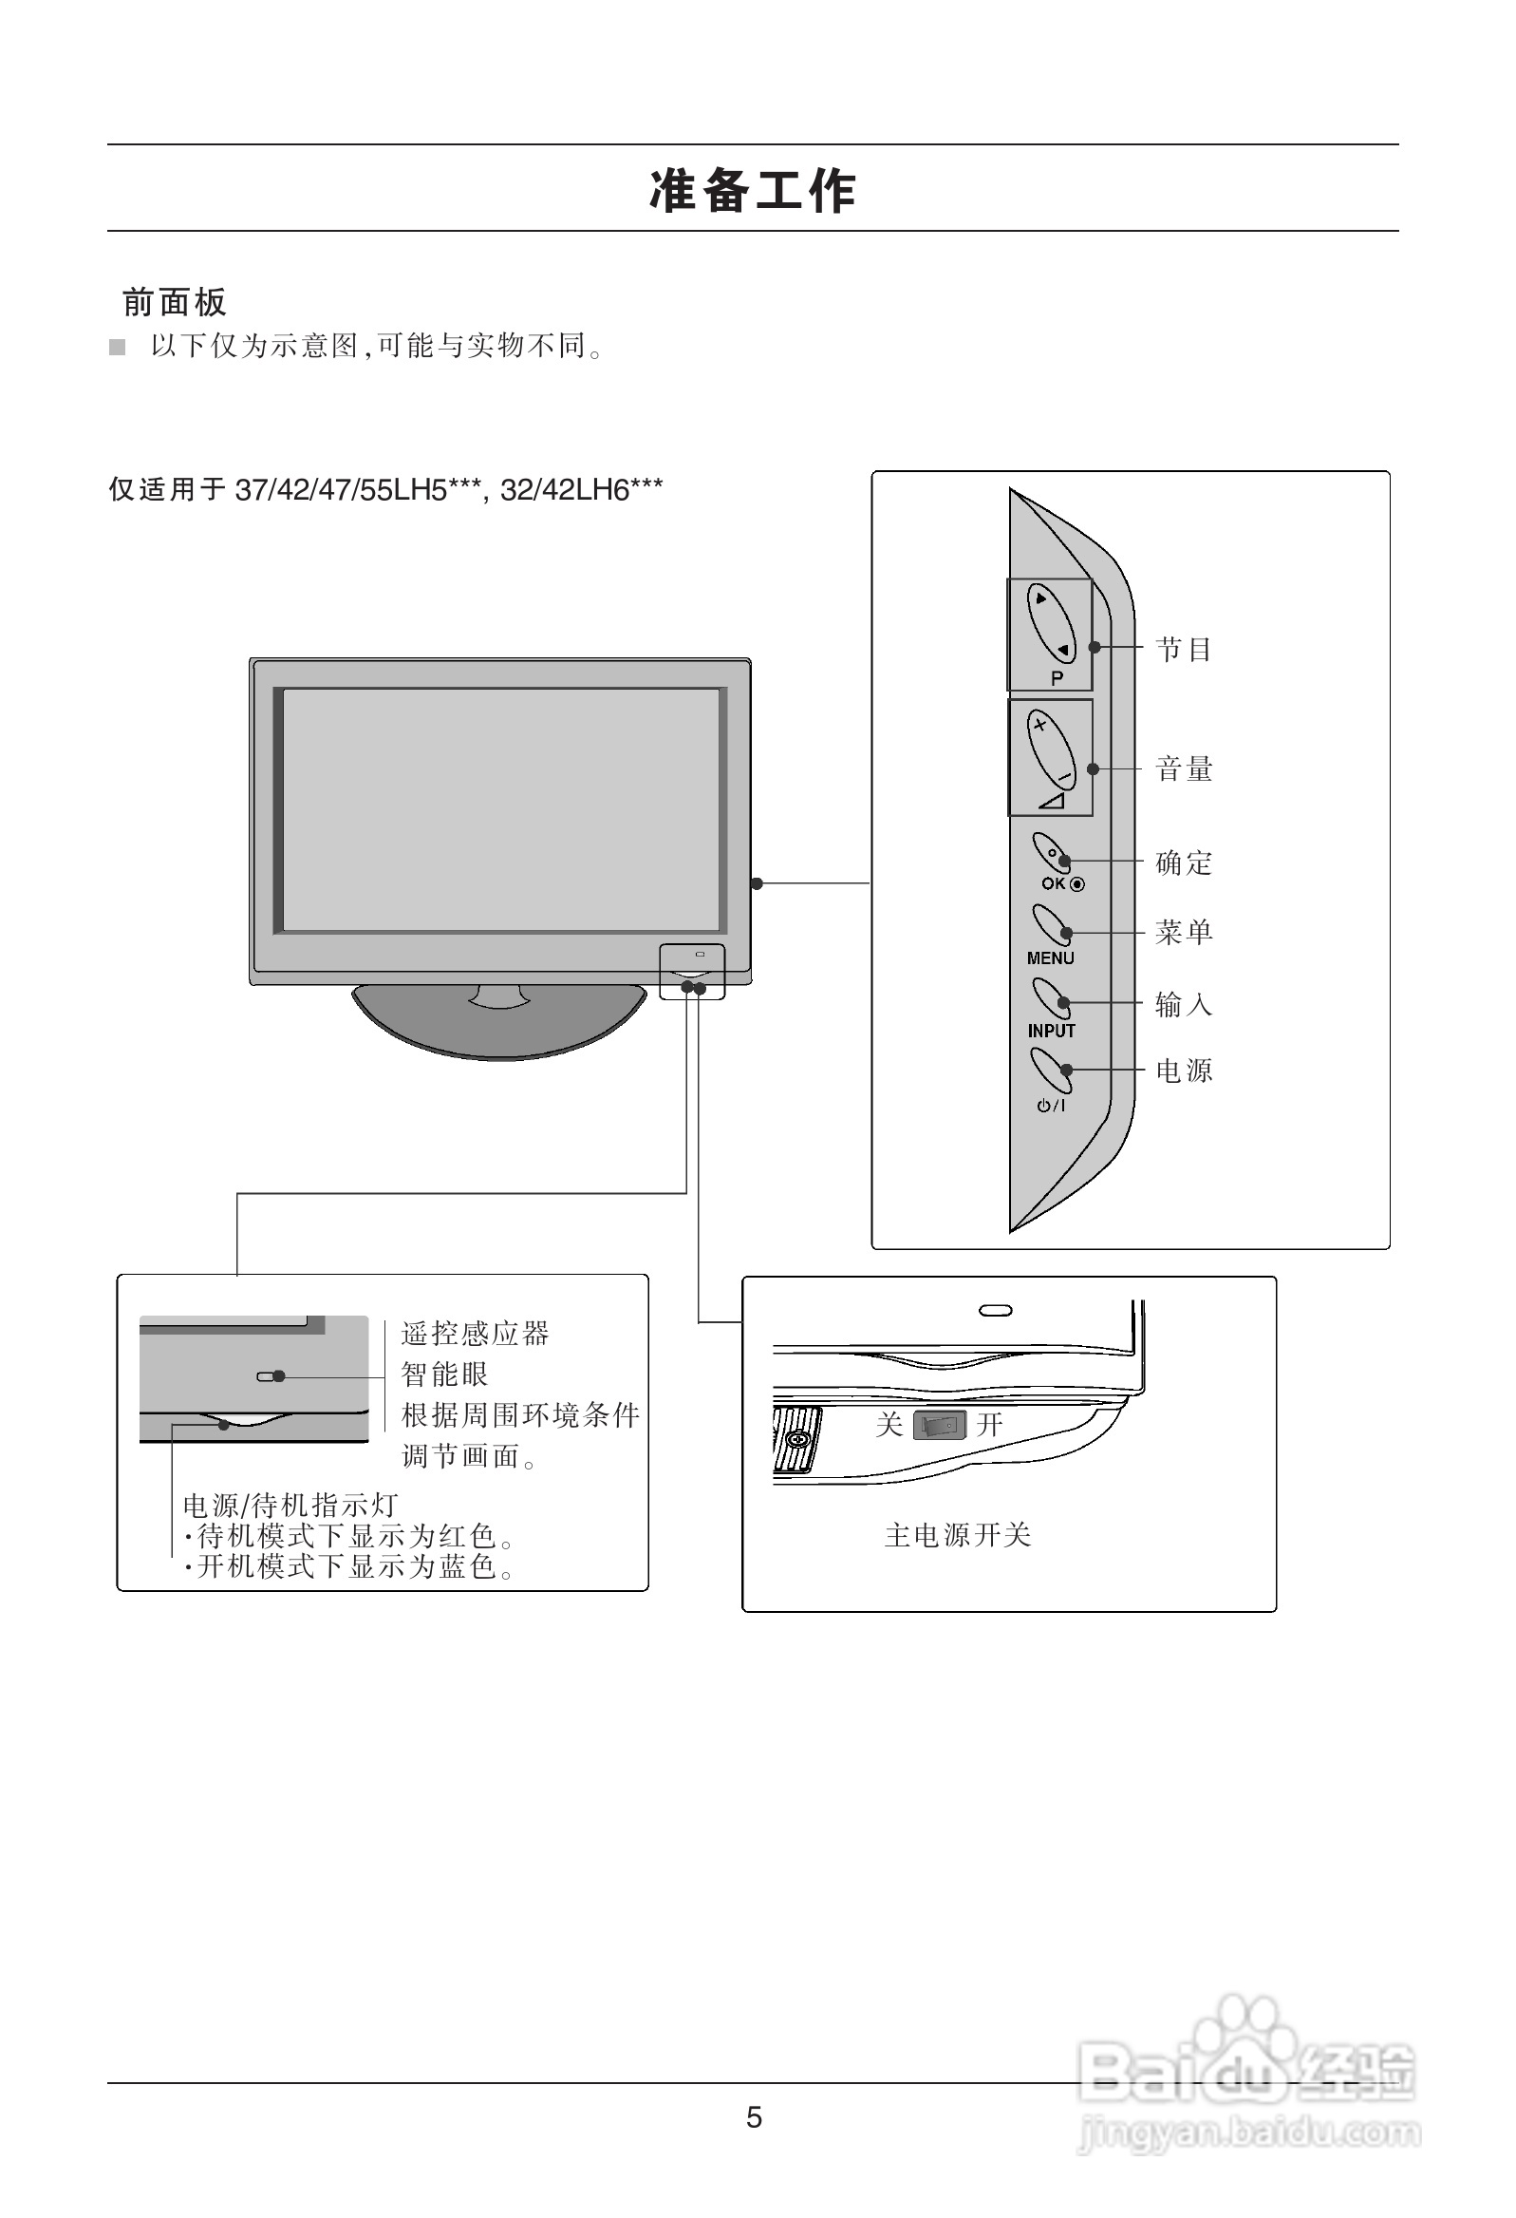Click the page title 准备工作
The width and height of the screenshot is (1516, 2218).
753,190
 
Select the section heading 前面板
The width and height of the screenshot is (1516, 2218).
175,303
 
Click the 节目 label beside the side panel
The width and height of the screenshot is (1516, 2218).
1183,650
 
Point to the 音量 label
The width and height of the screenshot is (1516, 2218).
1183,769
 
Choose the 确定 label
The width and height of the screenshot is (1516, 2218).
1183,863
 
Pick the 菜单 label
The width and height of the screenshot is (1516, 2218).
1183,933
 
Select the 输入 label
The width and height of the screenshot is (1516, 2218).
1183,1004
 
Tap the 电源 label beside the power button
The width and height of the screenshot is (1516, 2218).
1183,1071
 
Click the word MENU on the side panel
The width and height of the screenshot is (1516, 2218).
1051,958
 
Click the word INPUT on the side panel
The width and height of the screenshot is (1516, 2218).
1051,1031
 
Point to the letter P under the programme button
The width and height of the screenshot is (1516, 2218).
1057,678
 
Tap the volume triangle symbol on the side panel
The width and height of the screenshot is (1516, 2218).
1052,800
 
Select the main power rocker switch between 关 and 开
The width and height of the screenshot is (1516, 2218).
940,1426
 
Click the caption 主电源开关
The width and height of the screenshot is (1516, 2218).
957,1536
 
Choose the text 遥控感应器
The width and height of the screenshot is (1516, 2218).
475,1335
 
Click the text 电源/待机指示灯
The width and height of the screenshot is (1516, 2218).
290,1505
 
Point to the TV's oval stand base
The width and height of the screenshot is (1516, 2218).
499,1026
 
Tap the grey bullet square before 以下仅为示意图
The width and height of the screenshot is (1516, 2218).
118,348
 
